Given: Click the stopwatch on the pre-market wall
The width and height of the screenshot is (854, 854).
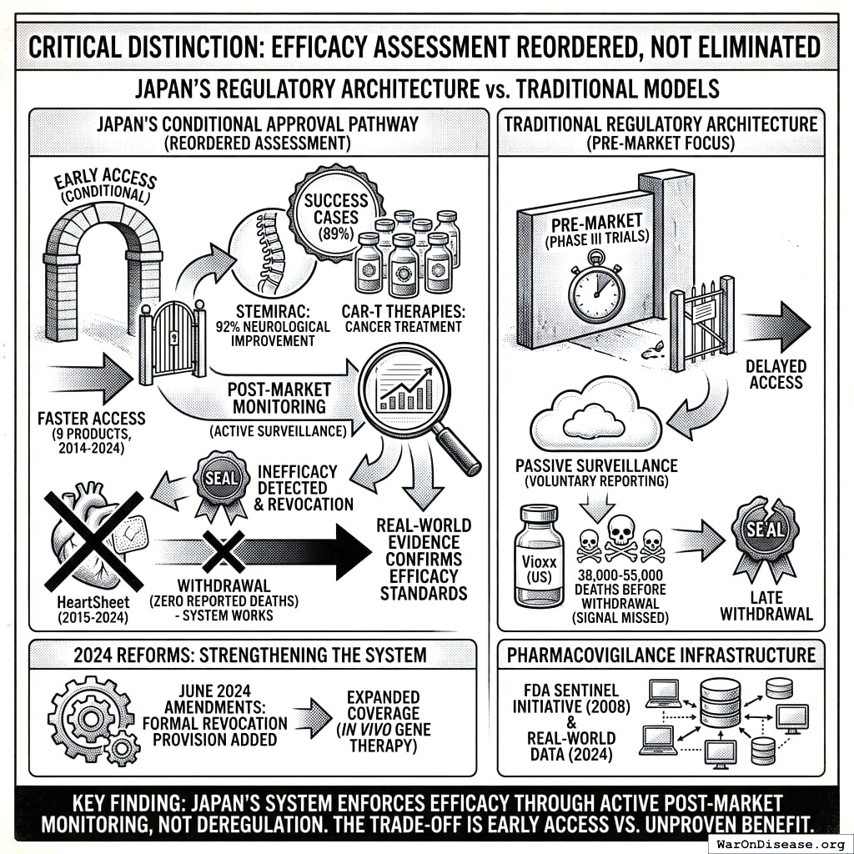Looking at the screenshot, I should click(595, 289).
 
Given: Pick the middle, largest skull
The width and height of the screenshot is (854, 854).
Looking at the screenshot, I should click(620, 536).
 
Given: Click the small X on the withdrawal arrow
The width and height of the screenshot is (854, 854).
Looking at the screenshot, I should click(223, 552).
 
